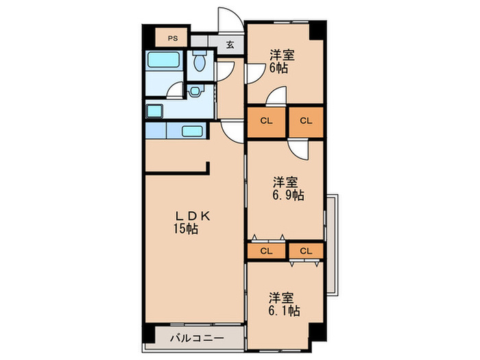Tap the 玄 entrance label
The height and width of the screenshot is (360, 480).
[230, 46]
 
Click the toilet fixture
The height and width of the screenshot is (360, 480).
[200, 64]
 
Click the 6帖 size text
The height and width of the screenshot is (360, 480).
[278, 68]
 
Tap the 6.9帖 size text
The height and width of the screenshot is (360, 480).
[288, 195]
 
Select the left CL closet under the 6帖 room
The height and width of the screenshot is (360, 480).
[267, 121]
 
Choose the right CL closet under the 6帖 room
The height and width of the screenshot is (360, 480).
[306, 121]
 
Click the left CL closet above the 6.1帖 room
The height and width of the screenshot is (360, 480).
[266, 250]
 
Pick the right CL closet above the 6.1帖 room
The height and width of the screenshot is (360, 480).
[305, 250]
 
